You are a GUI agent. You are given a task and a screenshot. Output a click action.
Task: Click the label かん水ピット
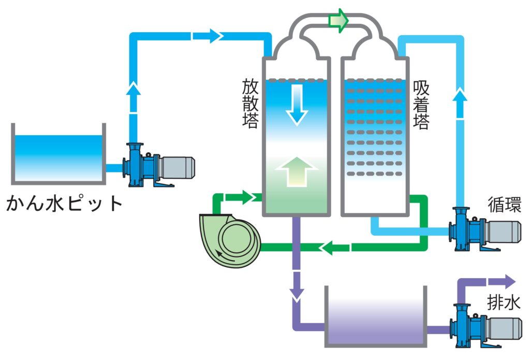(64, 204)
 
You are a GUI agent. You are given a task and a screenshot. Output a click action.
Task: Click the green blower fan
(230, 237)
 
